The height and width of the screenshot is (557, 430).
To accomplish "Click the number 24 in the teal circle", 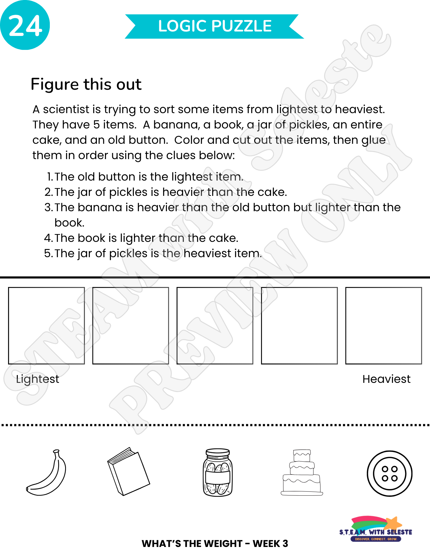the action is coord(25,26).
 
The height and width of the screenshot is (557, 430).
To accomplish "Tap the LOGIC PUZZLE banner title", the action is coord(215,26).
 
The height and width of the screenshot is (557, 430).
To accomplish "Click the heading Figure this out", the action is coord(86,84).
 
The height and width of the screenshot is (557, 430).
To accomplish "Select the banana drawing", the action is coord(46,473).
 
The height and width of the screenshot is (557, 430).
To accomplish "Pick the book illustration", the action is coord(129,472).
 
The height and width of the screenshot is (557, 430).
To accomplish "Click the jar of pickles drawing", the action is coord(218,473).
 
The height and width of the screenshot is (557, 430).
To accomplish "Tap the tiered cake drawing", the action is coord(302,472).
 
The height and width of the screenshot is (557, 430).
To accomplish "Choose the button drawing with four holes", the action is coord(389,473).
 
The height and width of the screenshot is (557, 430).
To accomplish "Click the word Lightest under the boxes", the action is coord(38,379).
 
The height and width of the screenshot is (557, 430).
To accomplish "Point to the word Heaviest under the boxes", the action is coord(386,379).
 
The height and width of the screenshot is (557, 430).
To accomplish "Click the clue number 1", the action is coord(50,177).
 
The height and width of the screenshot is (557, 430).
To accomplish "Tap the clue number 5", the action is coord(48,253).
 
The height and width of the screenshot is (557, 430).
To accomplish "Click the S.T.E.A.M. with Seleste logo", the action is coord(376,529).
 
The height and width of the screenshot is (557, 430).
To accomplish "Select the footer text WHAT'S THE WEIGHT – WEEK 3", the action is coord(215,543).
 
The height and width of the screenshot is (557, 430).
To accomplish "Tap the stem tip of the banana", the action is coord(56,451).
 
